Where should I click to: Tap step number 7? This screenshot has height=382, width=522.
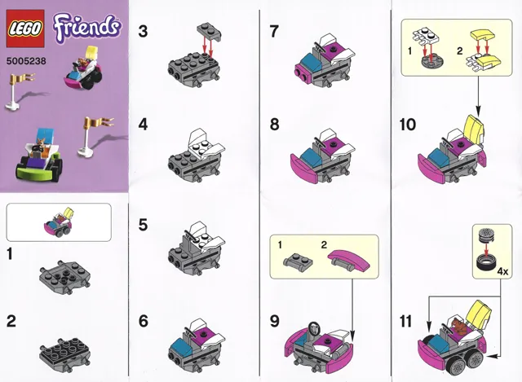[x=276, y=32]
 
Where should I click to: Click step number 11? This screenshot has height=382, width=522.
[x=407, y=320]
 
